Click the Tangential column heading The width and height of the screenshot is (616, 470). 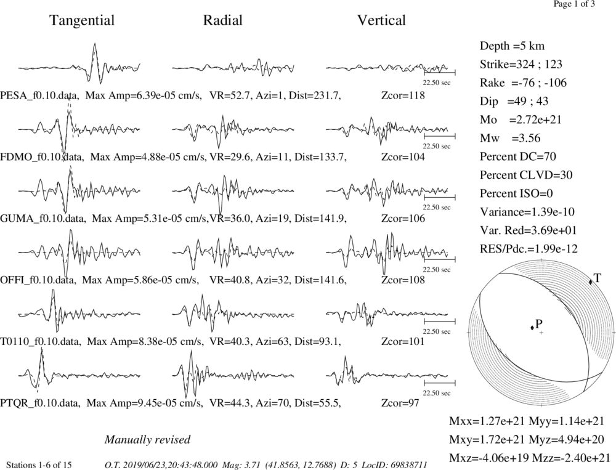[x=82, y=20]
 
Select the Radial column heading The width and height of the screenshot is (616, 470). [x=223, y=20]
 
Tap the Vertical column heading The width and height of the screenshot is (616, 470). [x=381, y=20]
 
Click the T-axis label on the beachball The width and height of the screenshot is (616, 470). [x=598, y=278]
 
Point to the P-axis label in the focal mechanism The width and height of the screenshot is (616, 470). [x=538, y=324]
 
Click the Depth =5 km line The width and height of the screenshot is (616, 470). [x=513, y=46]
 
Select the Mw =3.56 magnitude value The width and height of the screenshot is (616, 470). [x=510, y=139]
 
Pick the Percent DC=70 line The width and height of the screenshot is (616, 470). [x=518, y=157]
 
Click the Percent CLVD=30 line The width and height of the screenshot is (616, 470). [x=526, y=176]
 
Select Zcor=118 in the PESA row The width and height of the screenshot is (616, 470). [x=403, y=95]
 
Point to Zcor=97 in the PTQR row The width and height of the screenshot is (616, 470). [x=400, y=403]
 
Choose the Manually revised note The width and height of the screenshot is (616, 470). [x=147, y=439]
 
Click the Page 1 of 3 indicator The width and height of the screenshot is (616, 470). [x=574, y=4]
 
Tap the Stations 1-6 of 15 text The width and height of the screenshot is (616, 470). [x=39, y=465]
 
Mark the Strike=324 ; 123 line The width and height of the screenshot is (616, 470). [x=521, y=65]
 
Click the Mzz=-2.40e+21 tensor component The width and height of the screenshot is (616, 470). [x=571, y=458]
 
